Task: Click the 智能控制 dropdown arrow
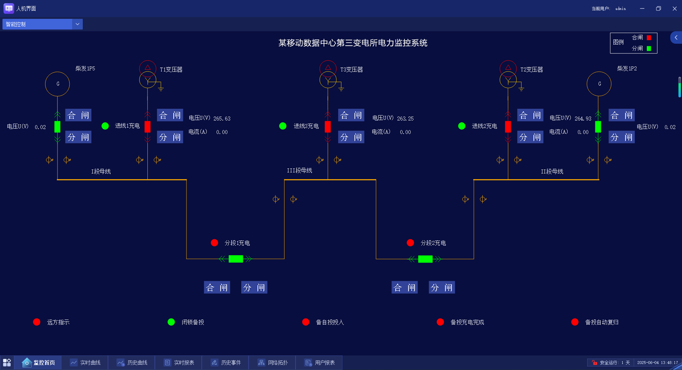point(77,24)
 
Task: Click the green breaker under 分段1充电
point(236,259)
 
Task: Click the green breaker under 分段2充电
point(425,259)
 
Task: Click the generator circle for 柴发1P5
point(58,84)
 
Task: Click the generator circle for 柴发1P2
point(599,84)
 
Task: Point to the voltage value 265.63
point(222,119)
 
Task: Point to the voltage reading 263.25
point(405,119)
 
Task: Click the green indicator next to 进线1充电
point(105,126)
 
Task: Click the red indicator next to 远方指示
point(37,322)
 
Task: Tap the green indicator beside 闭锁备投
point(171,322)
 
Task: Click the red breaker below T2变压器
point(508,127)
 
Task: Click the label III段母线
point(299,171)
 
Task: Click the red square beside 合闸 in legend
point(649,38)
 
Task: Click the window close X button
point(675,9)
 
